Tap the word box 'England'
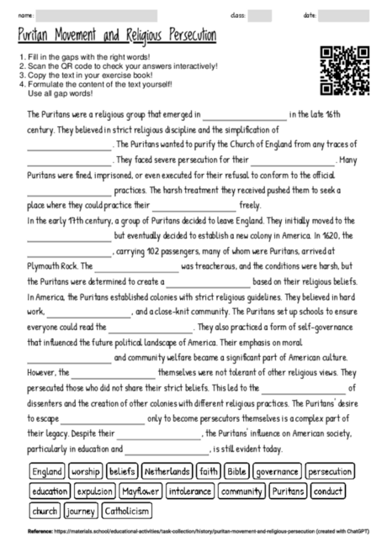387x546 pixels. [x=47, y=472]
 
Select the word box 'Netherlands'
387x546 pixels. [x=167, y=472]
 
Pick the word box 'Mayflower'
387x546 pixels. [x=140, y=491]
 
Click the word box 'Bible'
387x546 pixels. [x=237, y=472]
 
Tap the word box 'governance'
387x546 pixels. [x=278, y=472]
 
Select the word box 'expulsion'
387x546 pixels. [x=93, y=491]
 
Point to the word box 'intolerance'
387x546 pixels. [x=190, y=491]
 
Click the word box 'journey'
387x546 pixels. [x=82, y=510]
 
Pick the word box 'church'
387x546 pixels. [x=45, y=510]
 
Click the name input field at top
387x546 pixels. [x=97, y=15]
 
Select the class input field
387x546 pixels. [x=260, y=15]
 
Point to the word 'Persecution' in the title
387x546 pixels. [x=180, y=36]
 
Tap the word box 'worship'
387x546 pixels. [x=86, y=472]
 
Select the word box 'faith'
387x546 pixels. [x=209, y=472]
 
